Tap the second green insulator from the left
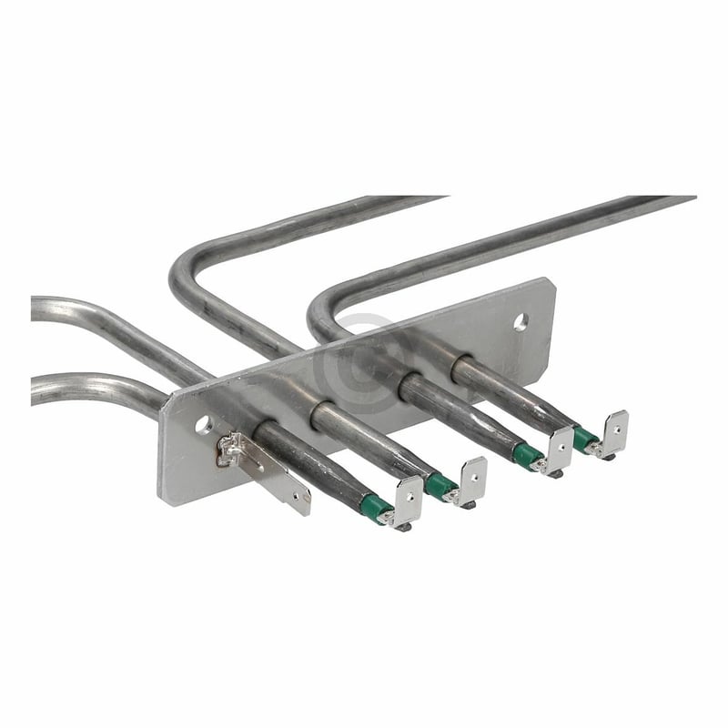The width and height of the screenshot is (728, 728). (441, 484)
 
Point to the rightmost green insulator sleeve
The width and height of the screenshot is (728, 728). (585, 439)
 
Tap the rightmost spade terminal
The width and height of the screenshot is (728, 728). (613, 431)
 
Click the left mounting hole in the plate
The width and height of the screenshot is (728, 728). (202, 423)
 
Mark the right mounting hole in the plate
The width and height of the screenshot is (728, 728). (521, 321)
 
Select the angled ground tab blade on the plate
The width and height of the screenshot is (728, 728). (283, 478)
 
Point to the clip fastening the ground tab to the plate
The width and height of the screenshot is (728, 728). (231, 448)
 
